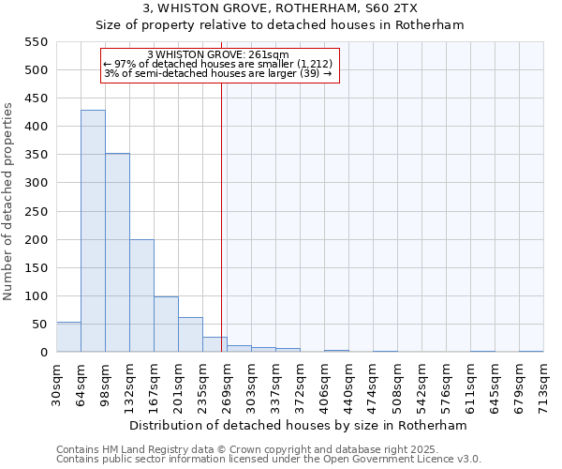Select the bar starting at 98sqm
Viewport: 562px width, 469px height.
(117, 252)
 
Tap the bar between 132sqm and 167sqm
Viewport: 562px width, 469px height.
(141, 295)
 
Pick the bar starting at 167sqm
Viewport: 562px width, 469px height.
(166, 324)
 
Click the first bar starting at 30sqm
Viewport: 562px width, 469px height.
(68, 337)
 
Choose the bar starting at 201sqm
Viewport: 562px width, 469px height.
(190, 334)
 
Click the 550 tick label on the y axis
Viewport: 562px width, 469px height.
(36, 42)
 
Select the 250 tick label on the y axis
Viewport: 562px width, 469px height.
(36, 211)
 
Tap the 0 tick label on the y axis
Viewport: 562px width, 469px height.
(43, 353)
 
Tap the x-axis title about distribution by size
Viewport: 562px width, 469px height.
(297, 425)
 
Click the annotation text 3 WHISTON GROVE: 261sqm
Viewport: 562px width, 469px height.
(218, 55)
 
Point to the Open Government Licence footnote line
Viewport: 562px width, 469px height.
(269, 459)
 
